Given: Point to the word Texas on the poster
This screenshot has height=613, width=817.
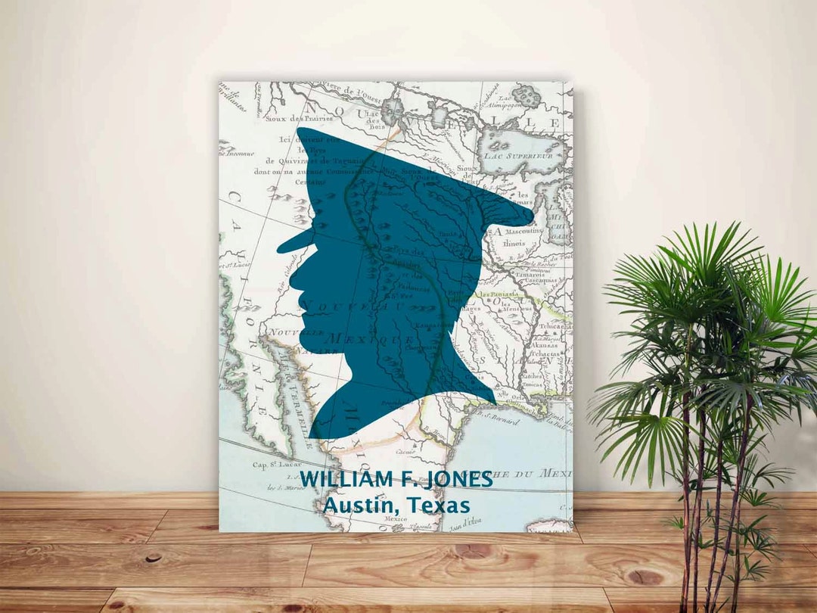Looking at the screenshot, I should click(439, 505).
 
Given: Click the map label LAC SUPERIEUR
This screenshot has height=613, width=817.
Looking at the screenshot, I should click(524, 155).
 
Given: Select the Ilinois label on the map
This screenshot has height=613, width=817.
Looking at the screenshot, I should click(517, 244).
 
